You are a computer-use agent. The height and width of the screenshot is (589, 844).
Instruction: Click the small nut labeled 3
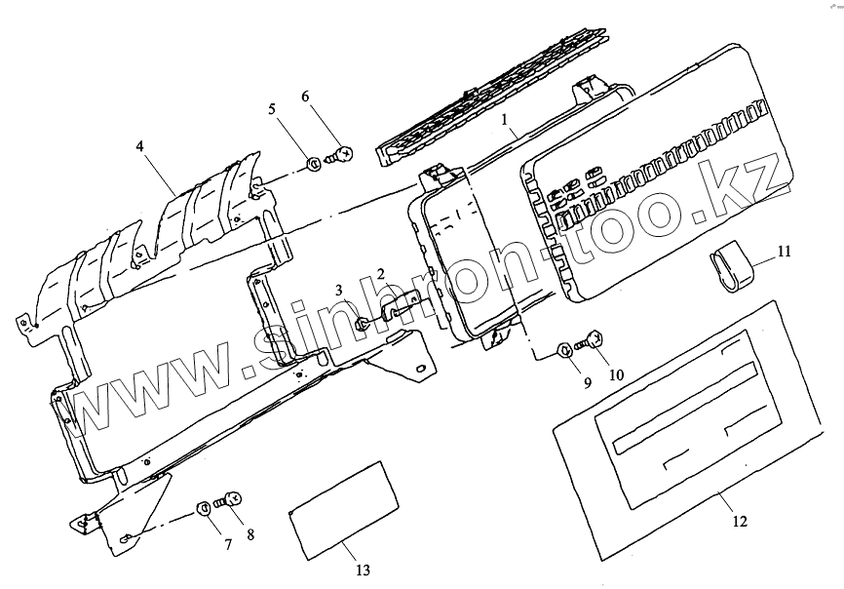362,324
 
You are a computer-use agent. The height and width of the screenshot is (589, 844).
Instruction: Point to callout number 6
305,97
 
